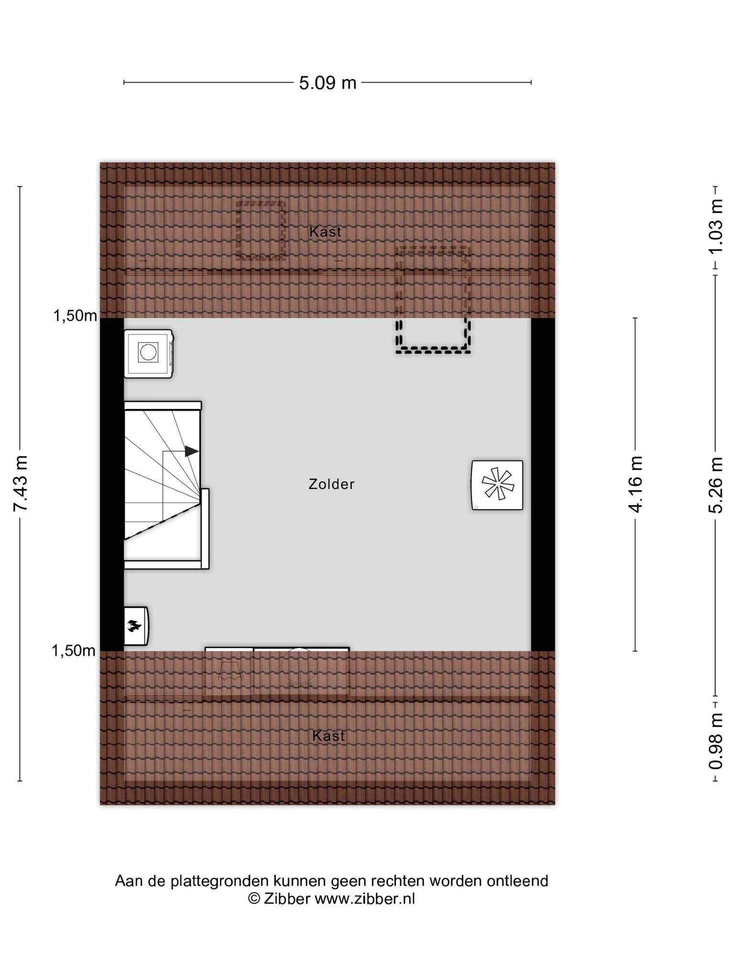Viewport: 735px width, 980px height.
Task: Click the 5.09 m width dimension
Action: [x=328, y=83]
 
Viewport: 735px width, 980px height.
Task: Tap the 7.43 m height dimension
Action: [x=20, y=483]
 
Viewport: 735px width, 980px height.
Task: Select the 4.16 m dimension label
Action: [x=635, y=484]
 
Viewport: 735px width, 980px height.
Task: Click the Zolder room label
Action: [x=331, y=484]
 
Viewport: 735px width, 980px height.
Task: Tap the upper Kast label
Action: [x=325, y=232]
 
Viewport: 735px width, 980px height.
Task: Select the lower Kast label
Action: [x=328, y=736]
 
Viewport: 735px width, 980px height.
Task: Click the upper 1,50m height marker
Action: [x=75, y=316]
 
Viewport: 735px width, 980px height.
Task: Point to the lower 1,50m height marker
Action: [x=74, y=651]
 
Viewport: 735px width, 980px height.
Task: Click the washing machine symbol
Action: [x=148, y=354]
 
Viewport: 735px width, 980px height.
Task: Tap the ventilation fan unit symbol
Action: [x=497, y=485]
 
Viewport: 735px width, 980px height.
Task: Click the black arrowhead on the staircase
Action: [x=191, y=451]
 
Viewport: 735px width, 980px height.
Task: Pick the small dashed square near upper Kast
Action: [x=261, y=231]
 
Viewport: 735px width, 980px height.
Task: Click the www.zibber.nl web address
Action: [x=365, y=899]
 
